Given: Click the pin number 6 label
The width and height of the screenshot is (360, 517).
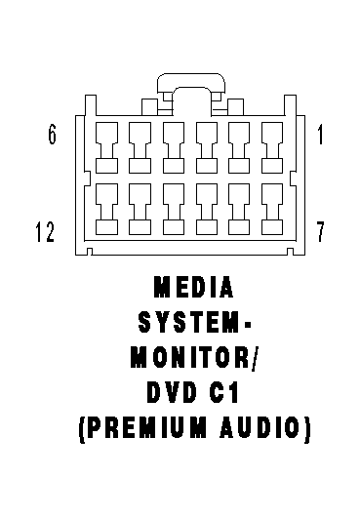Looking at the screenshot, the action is [x=53, y=135].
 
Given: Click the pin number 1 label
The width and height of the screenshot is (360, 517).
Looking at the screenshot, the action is [x=320, y=135].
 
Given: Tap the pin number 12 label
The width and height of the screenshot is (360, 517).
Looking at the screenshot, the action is [x=45, y=232].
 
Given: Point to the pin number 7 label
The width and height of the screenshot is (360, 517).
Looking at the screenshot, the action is [x=320, y=232].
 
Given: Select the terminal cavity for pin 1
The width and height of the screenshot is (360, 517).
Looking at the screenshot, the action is [x=272, y=147].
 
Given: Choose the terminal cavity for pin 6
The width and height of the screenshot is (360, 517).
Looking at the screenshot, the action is [x=106, y=147].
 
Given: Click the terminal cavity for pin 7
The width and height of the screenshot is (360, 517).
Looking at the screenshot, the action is [x=272, y=209].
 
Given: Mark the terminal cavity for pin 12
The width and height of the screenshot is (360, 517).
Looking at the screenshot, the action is [x=106, y=209].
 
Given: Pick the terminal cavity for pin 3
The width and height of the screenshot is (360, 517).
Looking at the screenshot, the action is [x=207, y=147].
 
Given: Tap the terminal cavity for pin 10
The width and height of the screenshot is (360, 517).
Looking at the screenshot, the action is [x=174, y=209].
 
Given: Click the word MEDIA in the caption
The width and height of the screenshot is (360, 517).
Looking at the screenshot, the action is [x=194, y=287].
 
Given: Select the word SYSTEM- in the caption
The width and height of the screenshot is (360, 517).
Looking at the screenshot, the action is [x=194, y=322].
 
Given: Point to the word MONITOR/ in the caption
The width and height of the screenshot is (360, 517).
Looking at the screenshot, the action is [x=193, y=357].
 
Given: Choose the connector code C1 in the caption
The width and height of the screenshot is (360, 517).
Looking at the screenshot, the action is [x=223, y=392].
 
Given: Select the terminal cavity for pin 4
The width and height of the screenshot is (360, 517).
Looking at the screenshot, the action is [x=174, y=147].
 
